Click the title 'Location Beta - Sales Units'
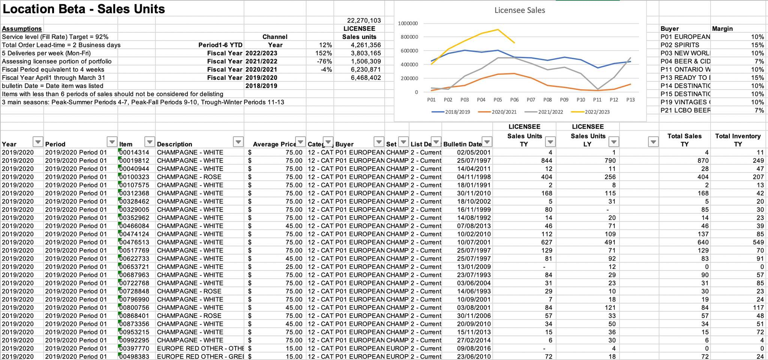coord(84,9)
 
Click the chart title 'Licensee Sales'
coord(520,10)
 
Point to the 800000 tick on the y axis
coord(408,37)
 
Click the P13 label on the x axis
coord(630,100)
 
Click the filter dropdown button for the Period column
coord(112,142)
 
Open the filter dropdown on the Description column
coord(238,142)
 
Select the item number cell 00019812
coord(134,160)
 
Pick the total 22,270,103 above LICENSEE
coord(364,21)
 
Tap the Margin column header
coord(722,29)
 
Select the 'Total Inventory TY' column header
coord(738,140)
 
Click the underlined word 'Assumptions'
coord(22,29)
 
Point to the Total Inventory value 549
coord(758,242)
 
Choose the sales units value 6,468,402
coord(366,78)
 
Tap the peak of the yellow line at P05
coord(498,29)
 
